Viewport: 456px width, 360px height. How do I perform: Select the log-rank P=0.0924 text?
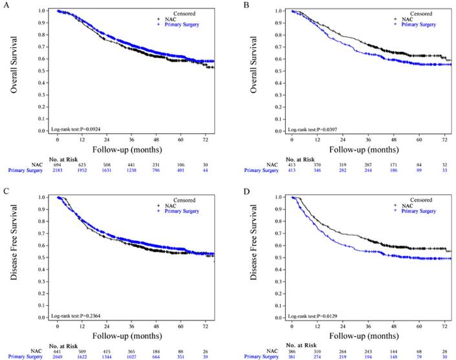pos(75,130)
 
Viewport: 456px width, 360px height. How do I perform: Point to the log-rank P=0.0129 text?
pos(310,316)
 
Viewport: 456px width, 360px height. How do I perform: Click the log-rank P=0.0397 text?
pos(310,130)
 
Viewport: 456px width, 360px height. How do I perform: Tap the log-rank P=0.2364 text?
pos(75,316)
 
